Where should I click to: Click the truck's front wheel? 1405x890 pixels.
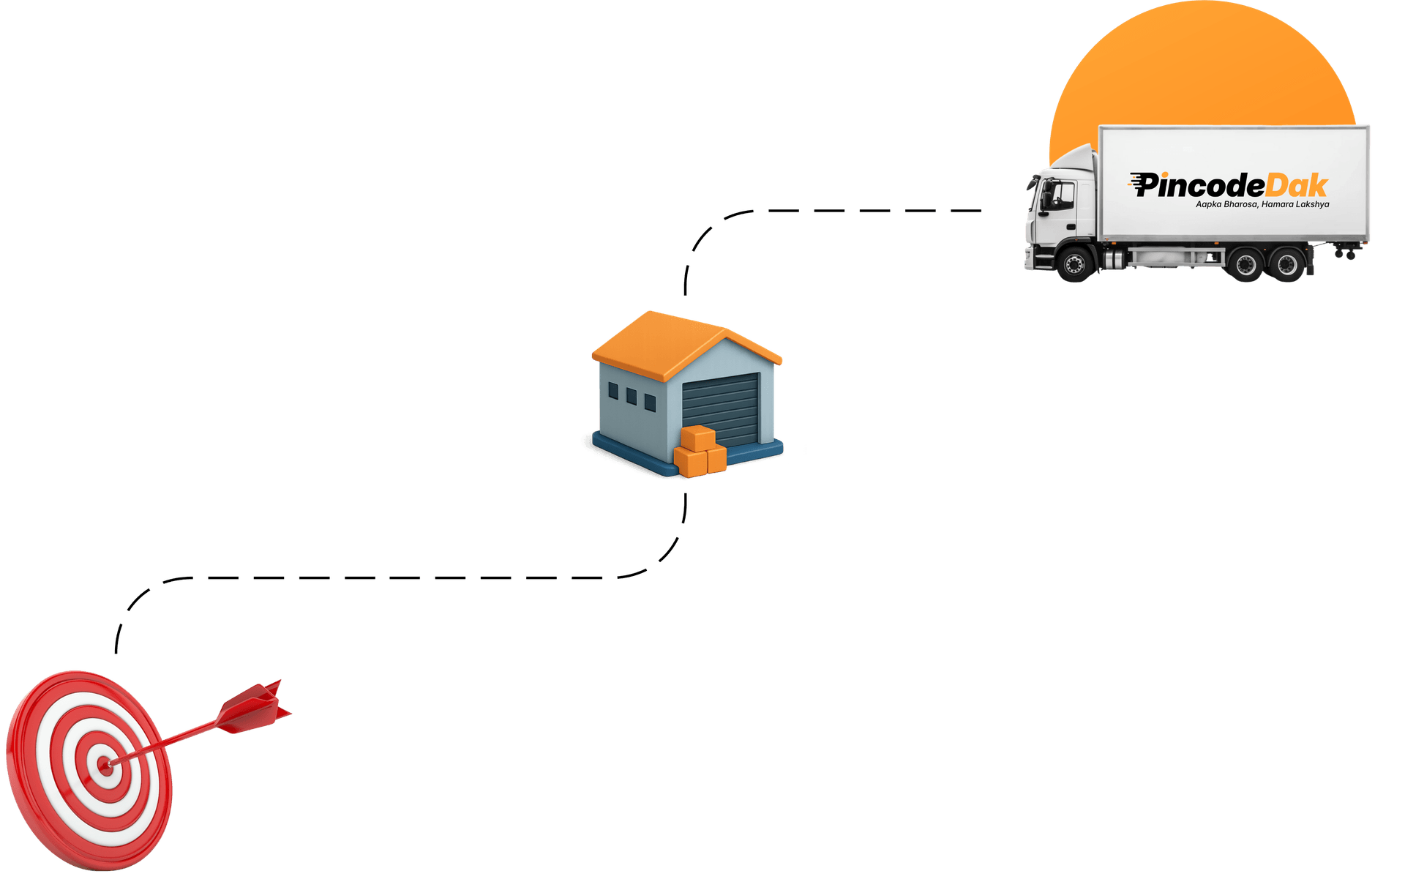(1075, 264)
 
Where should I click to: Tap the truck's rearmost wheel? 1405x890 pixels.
(1287, 264)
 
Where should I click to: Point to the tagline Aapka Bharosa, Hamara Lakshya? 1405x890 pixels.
(1262, 204)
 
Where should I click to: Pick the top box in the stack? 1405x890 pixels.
(698, 438)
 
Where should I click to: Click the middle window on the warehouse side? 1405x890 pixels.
(632, 397)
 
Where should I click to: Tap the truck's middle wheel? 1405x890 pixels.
(1245, 264)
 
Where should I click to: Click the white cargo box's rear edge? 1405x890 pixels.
(1368, 183)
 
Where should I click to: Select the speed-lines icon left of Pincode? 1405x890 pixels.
(1137, 183)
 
